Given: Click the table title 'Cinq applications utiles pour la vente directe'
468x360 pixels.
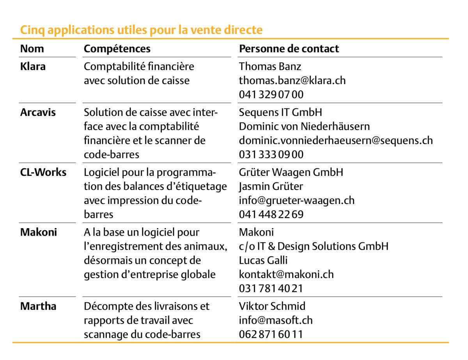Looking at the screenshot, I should coord(141,30).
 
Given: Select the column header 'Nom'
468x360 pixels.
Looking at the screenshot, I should coord(32,49).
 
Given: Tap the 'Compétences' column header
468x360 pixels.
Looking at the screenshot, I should coord(117,49).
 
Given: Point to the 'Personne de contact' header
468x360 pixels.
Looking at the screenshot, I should coord(289,49).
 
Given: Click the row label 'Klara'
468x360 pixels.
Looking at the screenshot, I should coord(33,67).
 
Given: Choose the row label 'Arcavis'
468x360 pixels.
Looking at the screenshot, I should coord(38,113).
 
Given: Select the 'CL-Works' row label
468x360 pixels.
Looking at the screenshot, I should coord(43,172).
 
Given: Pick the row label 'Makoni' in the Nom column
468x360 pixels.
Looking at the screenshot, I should coord(39,232).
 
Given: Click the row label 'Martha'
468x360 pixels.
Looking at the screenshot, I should coord(38,307).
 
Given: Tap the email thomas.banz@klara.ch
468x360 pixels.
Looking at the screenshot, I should coord(292,81).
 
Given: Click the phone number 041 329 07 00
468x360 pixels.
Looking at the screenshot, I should coord(271,95).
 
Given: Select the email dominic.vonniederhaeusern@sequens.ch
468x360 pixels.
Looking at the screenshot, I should coord(336,140).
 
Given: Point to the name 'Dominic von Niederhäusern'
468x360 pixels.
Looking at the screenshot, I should coord(304,127).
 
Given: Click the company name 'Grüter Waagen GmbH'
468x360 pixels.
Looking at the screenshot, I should coord(291,172).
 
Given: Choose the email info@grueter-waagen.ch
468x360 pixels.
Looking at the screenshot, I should coord(297,200).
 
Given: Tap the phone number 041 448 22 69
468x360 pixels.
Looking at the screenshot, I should coord(271,215).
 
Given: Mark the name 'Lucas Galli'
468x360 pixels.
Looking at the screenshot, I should coord(263,261).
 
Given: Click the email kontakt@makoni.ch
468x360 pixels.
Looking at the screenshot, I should coord(286,275).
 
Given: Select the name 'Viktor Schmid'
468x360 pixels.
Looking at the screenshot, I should coord(272,307).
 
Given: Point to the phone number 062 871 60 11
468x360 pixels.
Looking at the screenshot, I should coord(271,335).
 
